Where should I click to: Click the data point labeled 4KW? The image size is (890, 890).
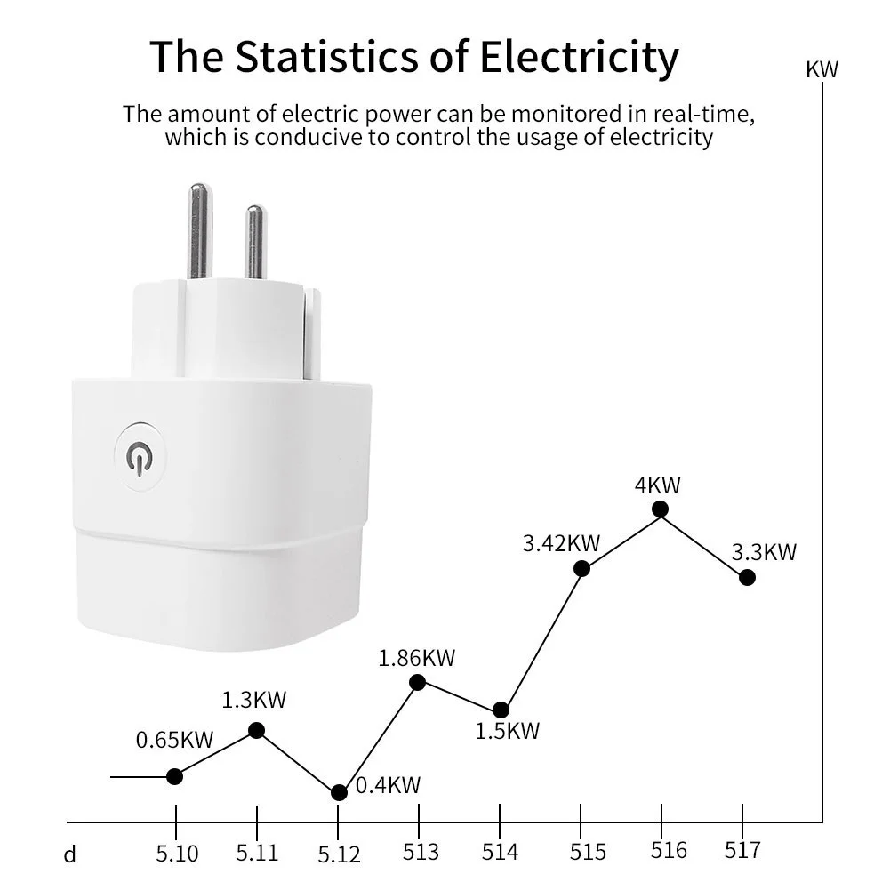[660, 509]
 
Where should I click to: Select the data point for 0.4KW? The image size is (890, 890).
[339, 792]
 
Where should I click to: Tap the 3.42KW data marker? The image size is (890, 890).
[581, 569]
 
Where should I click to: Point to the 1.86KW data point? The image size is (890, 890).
[418, 682]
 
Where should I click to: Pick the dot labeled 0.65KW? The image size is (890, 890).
[175, 776]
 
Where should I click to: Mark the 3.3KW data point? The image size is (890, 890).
[747, 577]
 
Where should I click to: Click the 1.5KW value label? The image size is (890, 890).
[508, 731]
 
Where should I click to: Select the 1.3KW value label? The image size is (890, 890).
[254, 700]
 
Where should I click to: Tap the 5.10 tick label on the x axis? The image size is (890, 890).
[178, 854]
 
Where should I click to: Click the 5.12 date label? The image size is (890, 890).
[339, 855]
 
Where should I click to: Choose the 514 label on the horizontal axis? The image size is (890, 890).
[500, 853]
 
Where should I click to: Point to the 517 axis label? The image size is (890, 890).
[742, 851]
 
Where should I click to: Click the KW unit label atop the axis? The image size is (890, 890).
[822, 70]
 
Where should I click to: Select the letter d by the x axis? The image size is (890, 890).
[70, 855]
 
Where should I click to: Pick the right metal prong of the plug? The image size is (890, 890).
[255, 240]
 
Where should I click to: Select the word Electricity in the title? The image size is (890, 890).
[580, 56]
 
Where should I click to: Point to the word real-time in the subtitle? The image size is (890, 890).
[704, 115]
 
